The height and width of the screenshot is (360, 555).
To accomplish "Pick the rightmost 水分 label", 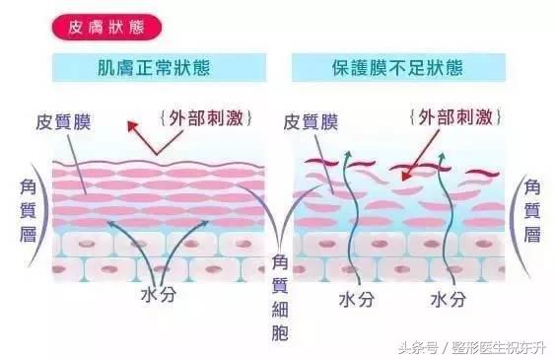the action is [x=448, y=296].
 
